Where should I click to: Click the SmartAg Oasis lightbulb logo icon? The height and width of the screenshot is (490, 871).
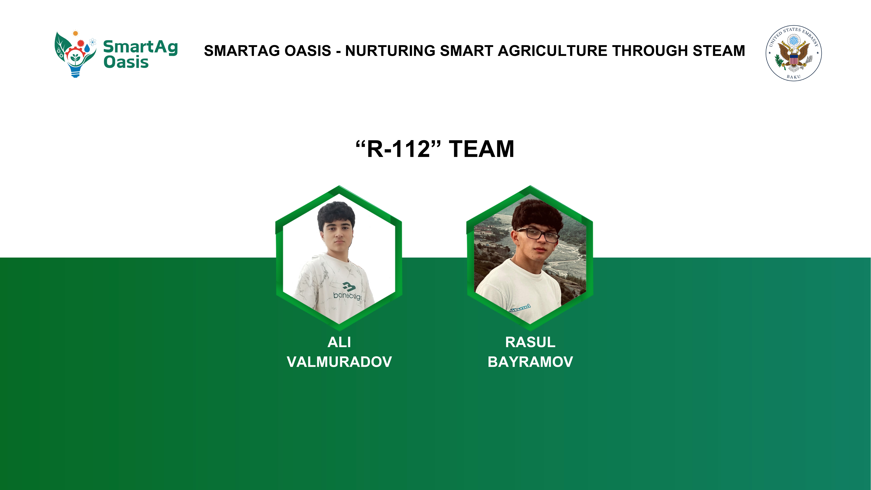[75, 54]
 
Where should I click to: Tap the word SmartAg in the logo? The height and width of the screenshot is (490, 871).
[140, 47]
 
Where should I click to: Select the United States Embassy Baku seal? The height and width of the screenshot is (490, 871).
[794, 53]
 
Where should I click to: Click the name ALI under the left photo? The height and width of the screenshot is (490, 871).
[339, 342]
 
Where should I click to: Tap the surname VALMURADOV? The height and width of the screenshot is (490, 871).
[339, 362]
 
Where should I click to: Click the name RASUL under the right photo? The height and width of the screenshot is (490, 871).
[530, 342]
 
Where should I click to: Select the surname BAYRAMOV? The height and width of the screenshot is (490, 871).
[530, 362]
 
